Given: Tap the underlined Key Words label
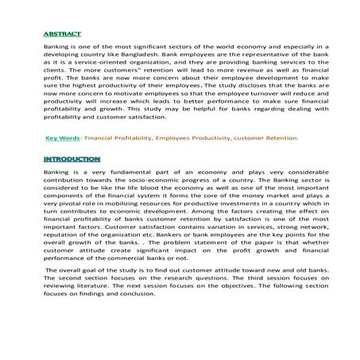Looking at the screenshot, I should pos(64,137).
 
